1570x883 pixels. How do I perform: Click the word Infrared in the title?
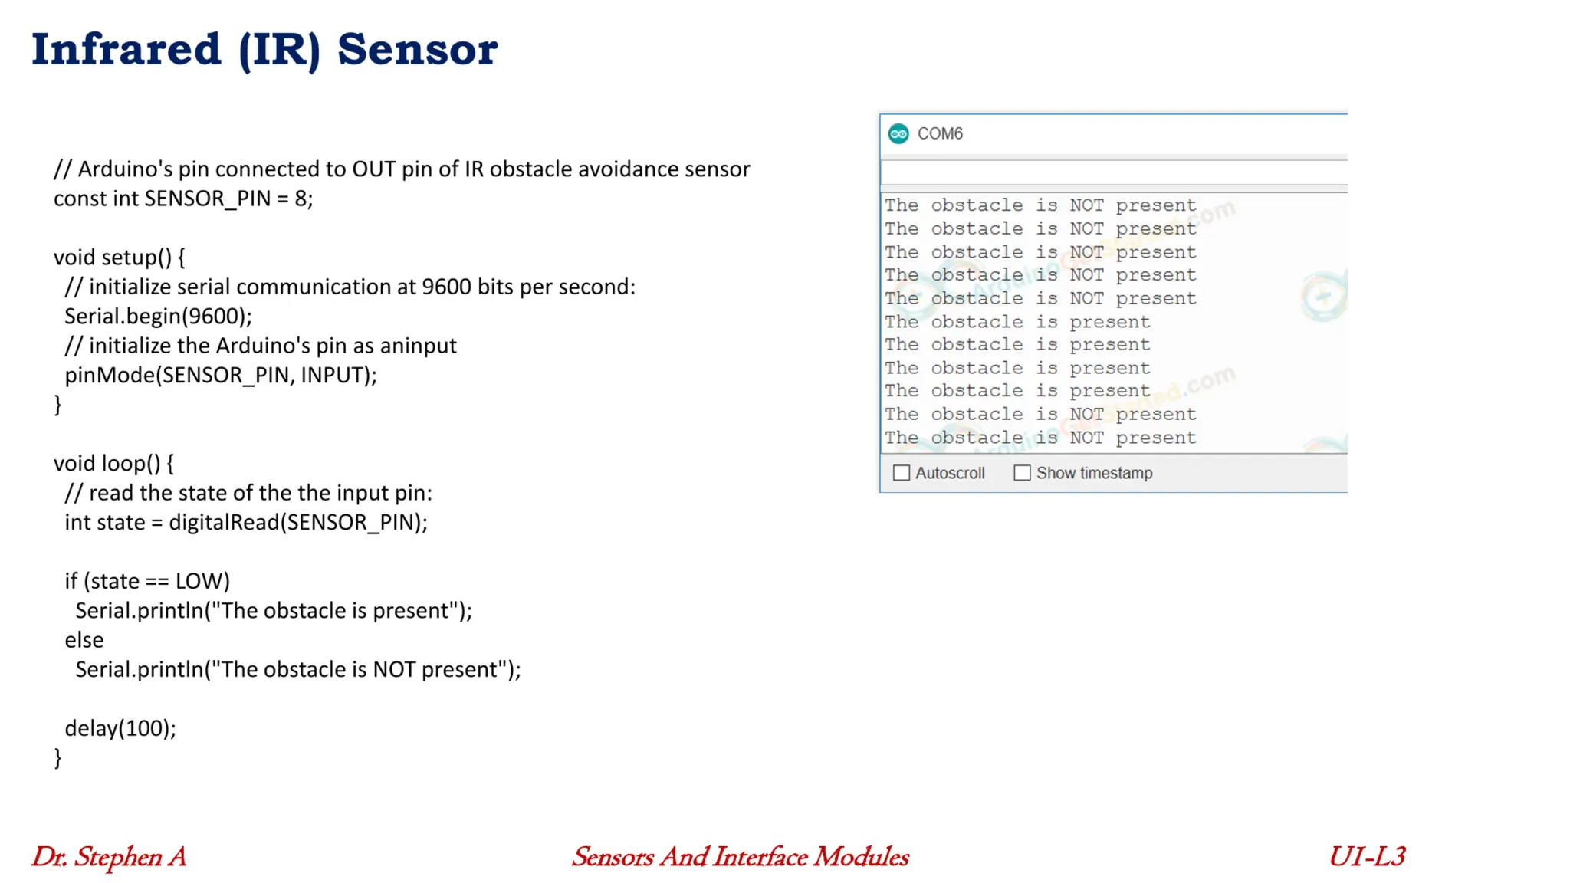(x=126, y=50)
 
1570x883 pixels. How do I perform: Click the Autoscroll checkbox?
(x=902, y=473)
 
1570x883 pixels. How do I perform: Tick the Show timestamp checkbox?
(x=1022, y=473)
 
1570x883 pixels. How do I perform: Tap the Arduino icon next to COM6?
(x=898, y=134)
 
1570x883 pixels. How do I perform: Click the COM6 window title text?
(x=940, y=134)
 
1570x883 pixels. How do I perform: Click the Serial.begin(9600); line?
(x=158, y=316)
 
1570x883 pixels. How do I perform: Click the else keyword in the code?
(x=84, y=640)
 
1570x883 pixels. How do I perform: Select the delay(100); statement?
(x=120, y=728)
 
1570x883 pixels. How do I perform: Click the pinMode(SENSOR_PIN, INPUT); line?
(x=221, y=375)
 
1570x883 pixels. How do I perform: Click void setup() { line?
(x=119, y=258)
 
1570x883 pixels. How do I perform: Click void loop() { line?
(x=113, y=464)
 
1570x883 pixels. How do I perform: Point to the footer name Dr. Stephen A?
(x=109, y=857)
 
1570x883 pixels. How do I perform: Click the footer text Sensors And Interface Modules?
(x=741, y=857)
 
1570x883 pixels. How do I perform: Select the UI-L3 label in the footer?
(x=1367, y=857)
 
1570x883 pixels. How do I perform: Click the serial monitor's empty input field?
(x=1112, y=172)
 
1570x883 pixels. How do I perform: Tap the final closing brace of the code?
(x=57, y=758)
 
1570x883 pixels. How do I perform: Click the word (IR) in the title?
(x=279, y=50)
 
